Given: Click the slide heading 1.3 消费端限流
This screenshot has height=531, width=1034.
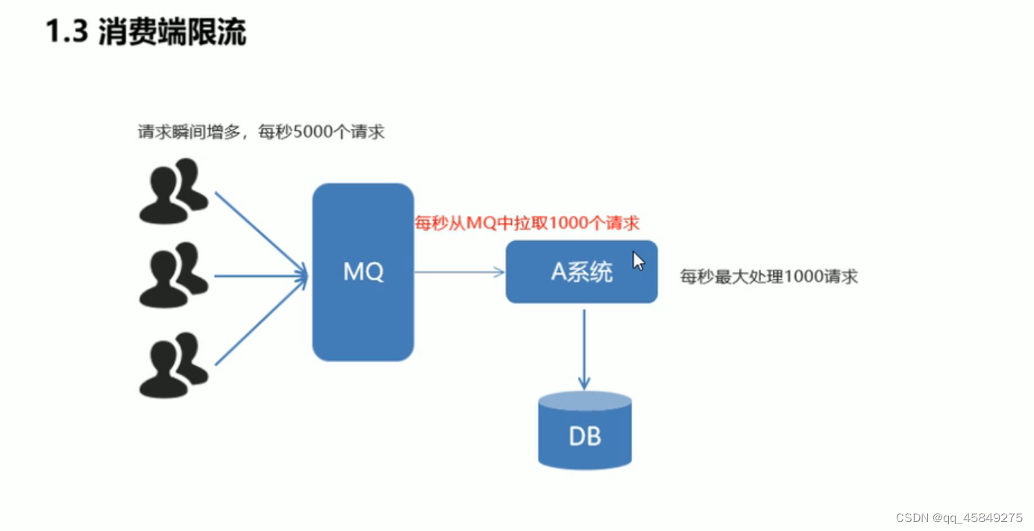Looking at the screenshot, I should coord(146,32).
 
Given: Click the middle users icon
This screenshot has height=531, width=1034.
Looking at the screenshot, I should coord(173,275).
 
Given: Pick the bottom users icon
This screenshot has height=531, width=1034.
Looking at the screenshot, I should coord(173,365).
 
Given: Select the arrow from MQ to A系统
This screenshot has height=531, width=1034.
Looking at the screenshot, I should coord(459,272).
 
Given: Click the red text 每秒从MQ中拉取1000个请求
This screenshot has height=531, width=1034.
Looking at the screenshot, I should coord(527,223).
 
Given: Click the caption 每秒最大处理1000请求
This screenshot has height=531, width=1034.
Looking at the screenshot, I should coord(768,277).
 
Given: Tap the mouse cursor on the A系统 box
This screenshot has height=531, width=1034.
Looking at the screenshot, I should coord(638,260).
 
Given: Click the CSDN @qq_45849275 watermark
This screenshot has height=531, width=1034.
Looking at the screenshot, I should coord(959,518).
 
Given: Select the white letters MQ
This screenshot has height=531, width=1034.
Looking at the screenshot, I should coord(363,272).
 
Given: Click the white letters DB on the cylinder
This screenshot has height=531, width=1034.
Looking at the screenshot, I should coord(585,436).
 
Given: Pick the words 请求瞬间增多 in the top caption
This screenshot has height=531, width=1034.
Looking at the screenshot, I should coord(190,133).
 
